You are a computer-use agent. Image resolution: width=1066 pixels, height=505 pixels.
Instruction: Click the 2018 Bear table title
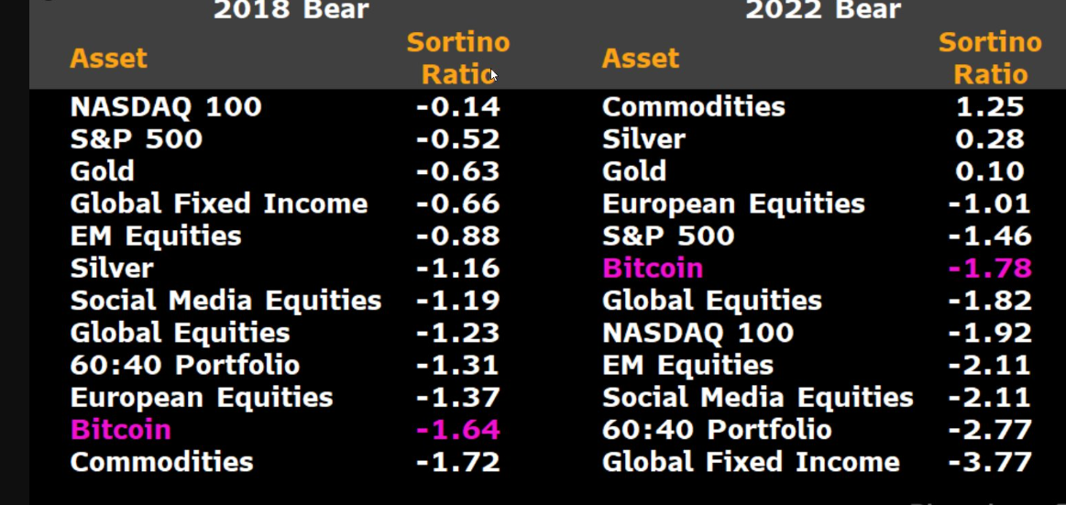[291, 10]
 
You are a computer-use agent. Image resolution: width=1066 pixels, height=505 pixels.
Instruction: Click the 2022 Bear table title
[822, 10]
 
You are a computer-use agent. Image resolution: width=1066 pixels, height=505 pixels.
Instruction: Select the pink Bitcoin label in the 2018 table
[120, 430]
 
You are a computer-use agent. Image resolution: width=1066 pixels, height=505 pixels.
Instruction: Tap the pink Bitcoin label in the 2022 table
[652, 269]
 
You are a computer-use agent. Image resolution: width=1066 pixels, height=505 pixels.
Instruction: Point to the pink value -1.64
[457, 430]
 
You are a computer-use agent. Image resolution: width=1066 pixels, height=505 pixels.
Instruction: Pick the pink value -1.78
[989, 269]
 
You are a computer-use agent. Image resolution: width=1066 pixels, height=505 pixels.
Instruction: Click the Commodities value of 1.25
[989, 107]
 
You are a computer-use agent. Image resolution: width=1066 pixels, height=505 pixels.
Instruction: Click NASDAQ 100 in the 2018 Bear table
[166, 107]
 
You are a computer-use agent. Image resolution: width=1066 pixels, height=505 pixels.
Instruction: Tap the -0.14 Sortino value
[457, 107]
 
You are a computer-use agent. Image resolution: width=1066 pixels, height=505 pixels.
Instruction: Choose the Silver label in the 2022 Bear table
[643, 139]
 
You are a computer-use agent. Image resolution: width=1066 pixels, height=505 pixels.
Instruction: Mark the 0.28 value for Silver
[989, 139]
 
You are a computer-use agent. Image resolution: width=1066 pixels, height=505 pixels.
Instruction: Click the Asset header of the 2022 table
[640, 59]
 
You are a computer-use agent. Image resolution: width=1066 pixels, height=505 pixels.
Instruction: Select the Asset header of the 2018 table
[108, 59]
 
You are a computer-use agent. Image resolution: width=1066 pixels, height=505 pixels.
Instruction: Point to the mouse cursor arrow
[493, 75]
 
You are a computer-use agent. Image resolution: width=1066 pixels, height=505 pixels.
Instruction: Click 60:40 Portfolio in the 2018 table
[184, 366]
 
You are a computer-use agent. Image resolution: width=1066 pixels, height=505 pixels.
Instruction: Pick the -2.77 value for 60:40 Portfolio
[989, 430]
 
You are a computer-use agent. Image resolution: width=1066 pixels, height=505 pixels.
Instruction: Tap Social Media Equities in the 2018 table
[225, 301]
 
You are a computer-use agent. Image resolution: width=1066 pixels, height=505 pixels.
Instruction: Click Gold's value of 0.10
[989, 171]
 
